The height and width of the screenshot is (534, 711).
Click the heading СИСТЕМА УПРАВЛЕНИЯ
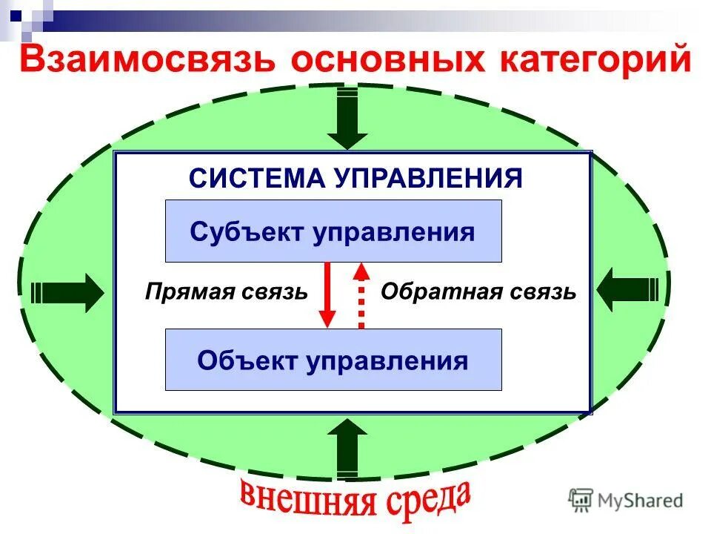click(355, 178)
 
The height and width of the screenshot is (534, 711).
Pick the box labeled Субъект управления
click(333, 231)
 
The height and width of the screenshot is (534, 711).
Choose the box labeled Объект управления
click(333, 360)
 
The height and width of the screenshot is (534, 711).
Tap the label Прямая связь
click(226, 291)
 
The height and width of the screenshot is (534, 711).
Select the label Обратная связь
click(478, 291)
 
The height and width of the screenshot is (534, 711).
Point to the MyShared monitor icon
click(581, 499)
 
